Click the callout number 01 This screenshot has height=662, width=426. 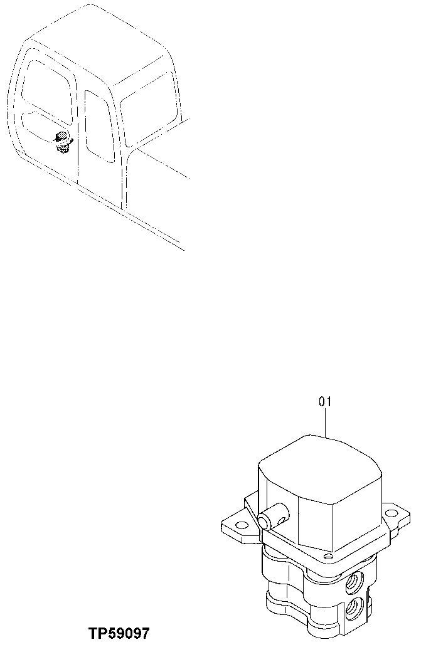pos(325,402)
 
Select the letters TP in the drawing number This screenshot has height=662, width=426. pos(99,634)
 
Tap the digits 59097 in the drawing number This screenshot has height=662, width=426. pos(130,634)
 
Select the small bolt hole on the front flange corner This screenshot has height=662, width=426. pos(327,555)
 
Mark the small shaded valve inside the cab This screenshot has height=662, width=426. pos(61,142)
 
